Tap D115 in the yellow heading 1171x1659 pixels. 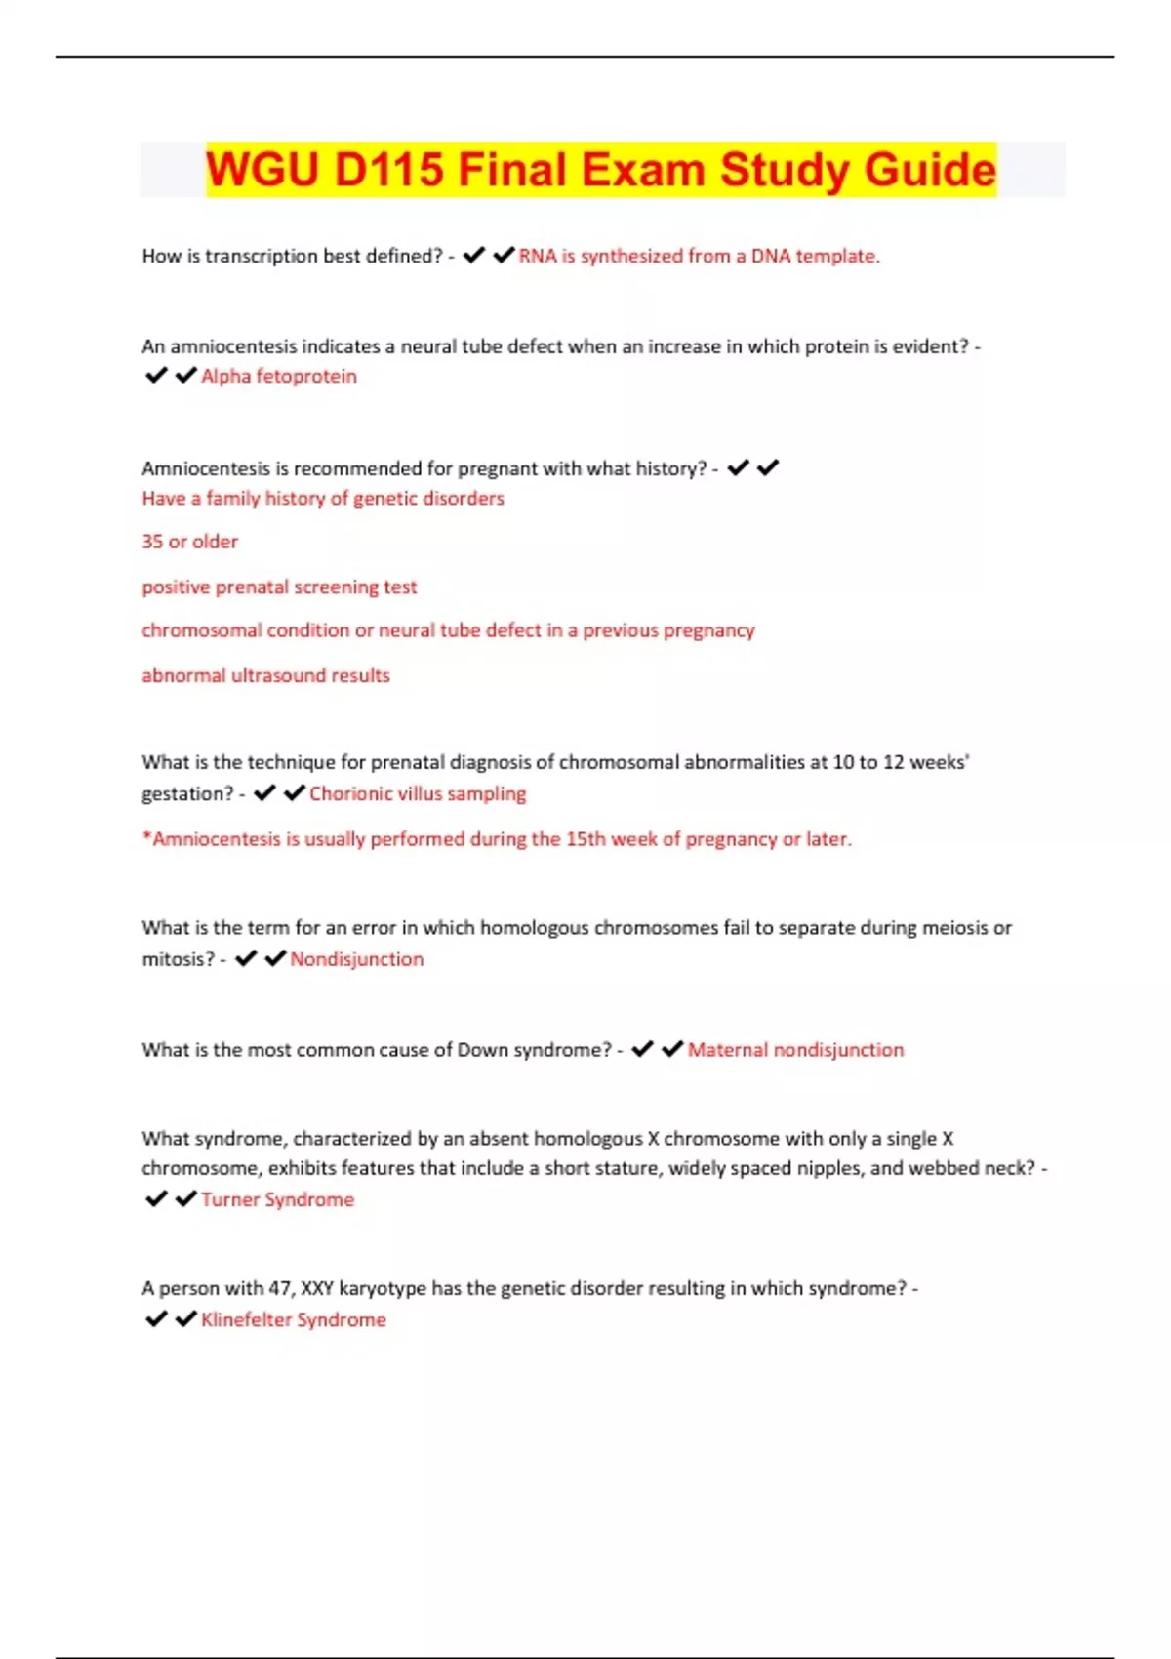[x=388, y=170]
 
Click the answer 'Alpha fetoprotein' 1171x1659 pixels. [x=279, y=376]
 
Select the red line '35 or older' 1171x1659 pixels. [x=190, y=542]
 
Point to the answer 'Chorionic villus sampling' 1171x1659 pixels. [x=418, y=793]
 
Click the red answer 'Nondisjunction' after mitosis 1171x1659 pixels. [x=357, y=959]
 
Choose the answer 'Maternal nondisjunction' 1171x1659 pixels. [x=795, y=1050]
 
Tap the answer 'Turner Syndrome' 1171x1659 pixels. [x=278, y=1199]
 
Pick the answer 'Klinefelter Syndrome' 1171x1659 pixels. [x=294, y=1319]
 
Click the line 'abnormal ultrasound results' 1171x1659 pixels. [x=265, y=675]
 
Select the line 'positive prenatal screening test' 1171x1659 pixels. [x=279, y=587]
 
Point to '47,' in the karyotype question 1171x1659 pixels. [x=281, y=1288]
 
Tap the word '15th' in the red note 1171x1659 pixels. [x=586, y=839]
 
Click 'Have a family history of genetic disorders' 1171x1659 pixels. [x=323, y=498]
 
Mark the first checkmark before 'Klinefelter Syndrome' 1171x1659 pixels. [x=156, y=1319]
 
